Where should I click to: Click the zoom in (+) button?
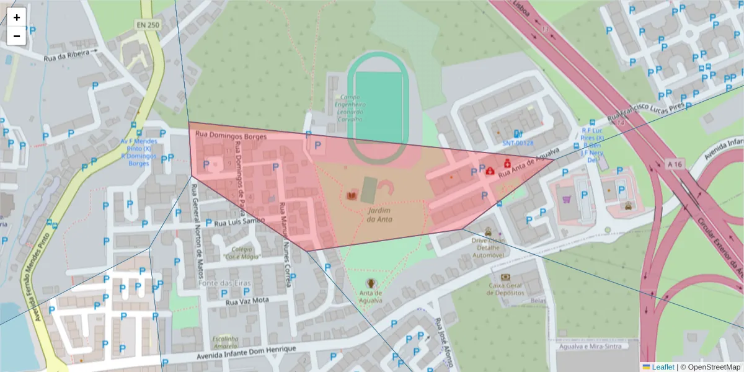pos(17,17)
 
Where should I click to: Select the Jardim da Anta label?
pos(379,215)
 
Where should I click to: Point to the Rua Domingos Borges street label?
pos(231,135)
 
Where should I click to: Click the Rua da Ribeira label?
pos(66,55)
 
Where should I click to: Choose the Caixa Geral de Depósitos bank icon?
pos(505,277)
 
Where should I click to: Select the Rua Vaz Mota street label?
pos(247,301)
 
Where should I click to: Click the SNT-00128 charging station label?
pos(518,143)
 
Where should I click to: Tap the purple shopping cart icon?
pos(566,200)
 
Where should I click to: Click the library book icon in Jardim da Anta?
pos(352,196)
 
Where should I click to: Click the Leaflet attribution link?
pos(662,367)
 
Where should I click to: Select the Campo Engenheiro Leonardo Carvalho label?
pos(352,108)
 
